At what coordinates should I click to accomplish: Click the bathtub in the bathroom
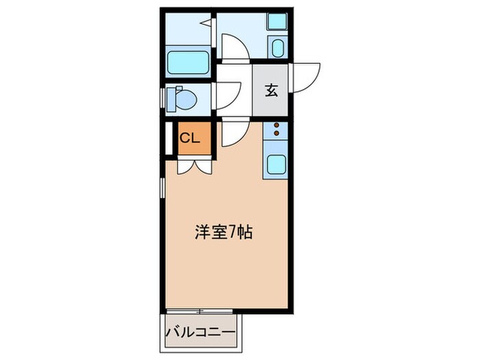click(189, 62)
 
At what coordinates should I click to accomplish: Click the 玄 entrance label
click(272, 89)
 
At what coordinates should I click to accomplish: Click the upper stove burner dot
click(276, 125)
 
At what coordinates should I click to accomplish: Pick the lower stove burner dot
click(276, 134)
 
